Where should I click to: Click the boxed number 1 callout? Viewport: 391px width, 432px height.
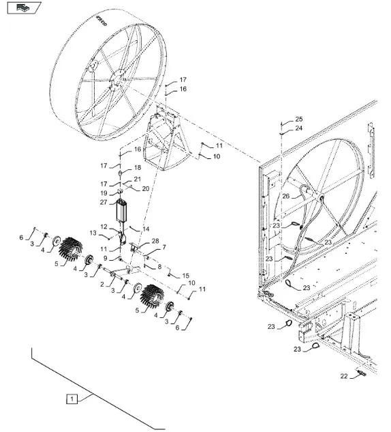(72, 399)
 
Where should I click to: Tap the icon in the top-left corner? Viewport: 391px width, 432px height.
(25, 8)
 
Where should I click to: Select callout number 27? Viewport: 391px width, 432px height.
(104, 203)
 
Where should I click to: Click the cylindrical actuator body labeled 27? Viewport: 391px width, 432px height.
(122, 210)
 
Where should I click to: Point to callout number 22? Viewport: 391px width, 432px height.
(344, 376)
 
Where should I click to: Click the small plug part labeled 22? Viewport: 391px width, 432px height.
(361, 373)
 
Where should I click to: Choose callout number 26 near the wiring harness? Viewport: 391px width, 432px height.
(286, 196)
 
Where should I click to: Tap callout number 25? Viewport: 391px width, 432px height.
(299, 119)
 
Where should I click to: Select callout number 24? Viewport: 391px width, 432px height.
(299, 128)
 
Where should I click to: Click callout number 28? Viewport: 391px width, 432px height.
(155, 241)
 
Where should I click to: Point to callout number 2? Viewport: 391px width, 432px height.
(102, 284)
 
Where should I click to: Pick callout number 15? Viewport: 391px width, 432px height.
(186, 276)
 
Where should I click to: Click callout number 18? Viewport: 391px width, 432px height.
(138, 167)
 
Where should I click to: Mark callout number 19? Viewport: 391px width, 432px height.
(104, 193)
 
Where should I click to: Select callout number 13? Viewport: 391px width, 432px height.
(93, 233)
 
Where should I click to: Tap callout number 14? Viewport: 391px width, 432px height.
(146, 229)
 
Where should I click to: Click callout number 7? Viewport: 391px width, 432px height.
(164, 247)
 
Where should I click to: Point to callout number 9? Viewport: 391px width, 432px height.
(106, 259)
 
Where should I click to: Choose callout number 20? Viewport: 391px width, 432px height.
(146, 189)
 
